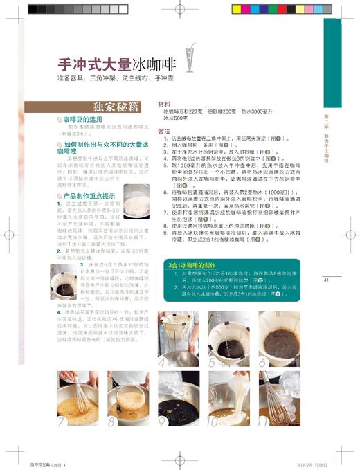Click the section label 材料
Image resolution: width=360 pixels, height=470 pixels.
165,102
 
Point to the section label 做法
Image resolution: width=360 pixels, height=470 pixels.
165,131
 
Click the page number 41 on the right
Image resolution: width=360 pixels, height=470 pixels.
326,280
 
